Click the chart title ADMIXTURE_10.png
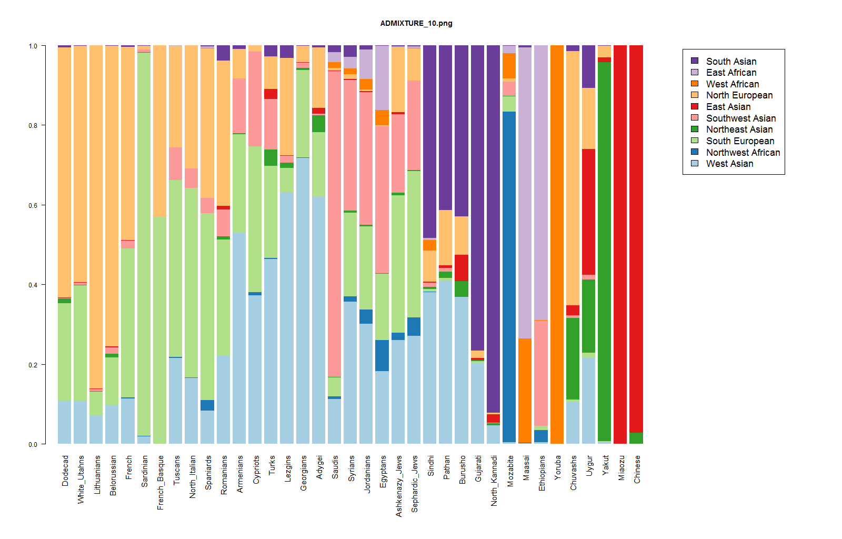pyautogui.click(x=416, y=23)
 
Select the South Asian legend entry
pyautogui.click(x=731, y=62)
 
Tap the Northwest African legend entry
pyautogui.click(x=743, y=153)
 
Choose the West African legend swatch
pyautogui.click(x=695, y=84)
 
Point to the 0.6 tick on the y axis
pyautogui.click(x=33, y=205)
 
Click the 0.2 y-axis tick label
pyautogui.click(x=33, y=365)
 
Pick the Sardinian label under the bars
pyautogui.click(x=145, y=471)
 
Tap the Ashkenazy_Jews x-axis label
pyautogui.click(x=399, y=486)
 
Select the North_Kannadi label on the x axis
pyautogui.click(x=494, y=481)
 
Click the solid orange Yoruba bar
pyautogui.click(x=557, y=245)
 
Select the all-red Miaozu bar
pyautogui.click(x=620, y=245)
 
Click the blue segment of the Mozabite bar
pyautogui.click(x=509, y=276)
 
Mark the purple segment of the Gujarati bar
pyautogui.click(x=478, y=197)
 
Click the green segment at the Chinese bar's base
pyautogui.click(x=636, y=438)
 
